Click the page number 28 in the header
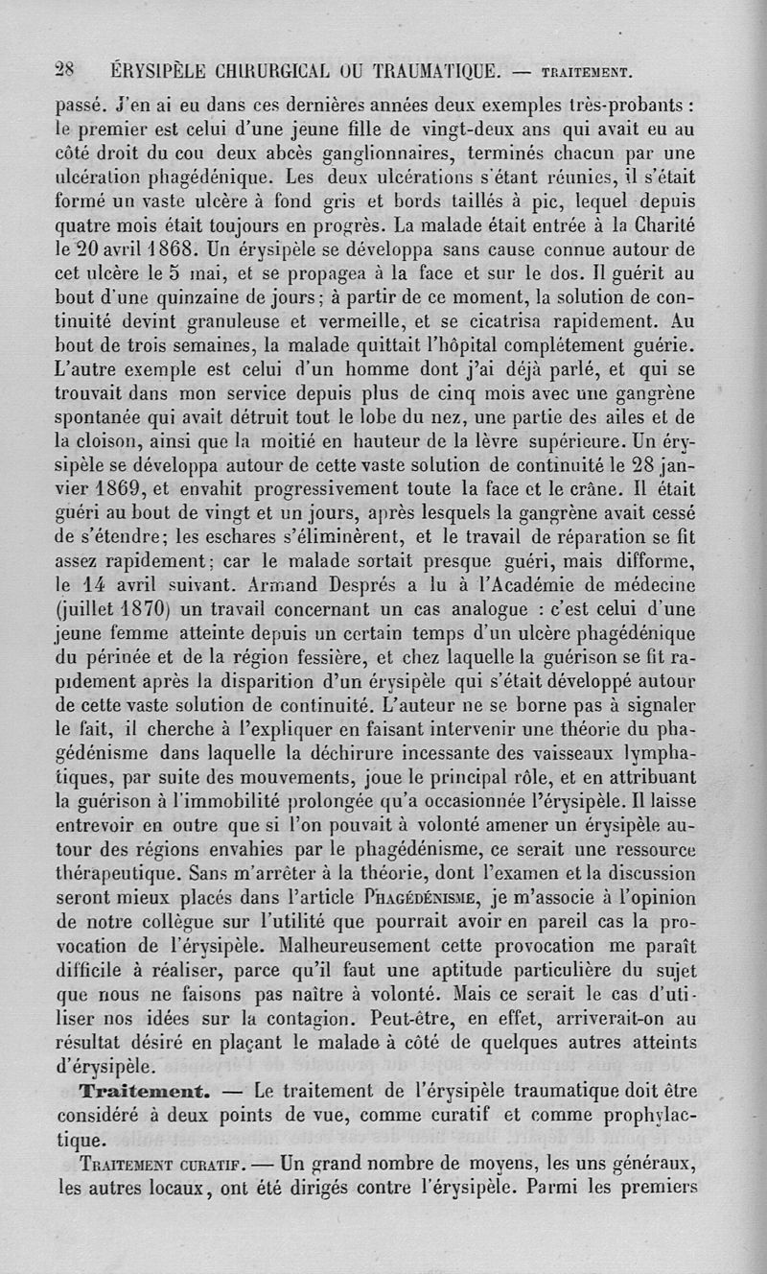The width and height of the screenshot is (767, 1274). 65,69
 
